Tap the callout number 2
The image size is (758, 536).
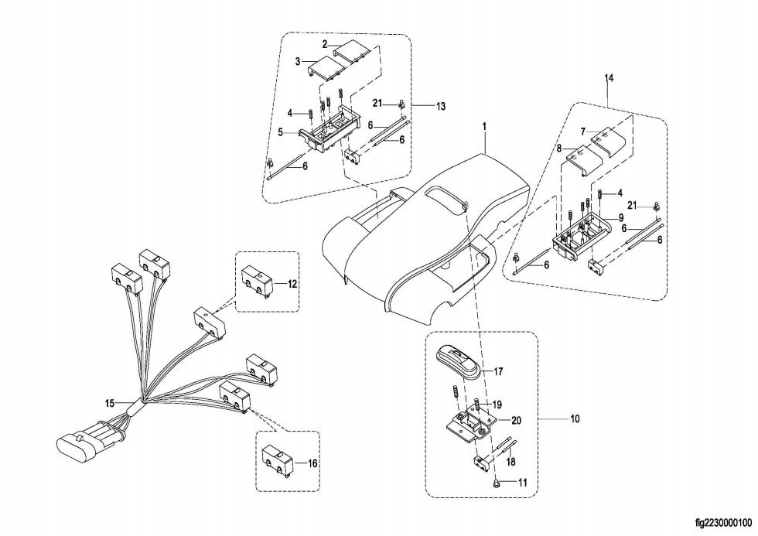pos(325,44)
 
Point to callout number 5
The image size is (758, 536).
pos(282,131)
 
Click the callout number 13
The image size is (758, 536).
pos(440,106)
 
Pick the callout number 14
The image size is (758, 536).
pos(609,79)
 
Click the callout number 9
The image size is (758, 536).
pos(620,219)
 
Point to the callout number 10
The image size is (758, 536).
pos(574,419)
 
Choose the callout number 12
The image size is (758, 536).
pos(292,284)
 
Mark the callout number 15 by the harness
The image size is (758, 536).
pos(110,403)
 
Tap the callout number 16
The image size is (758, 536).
pos(312,463)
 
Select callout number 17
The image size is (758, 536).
pos(499,371)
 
